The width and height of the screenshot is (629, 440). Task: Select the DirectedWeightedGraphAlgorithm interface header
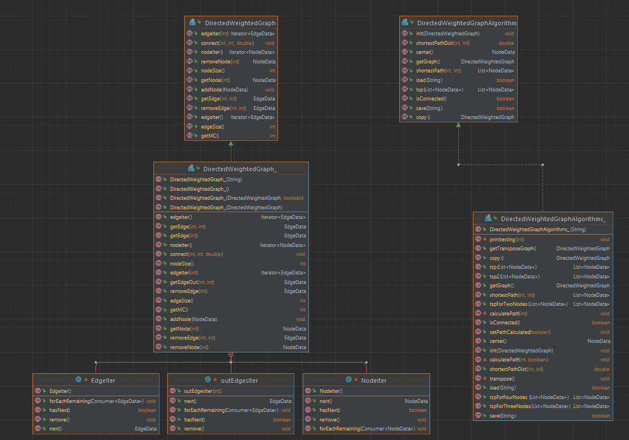[x=466, y=23]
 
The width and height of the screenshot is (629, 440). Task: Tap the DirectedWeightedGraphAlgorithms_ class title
[x=553, y=219]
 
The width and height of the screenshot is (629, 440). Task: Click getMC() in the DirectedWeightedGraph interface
[x=209, y=136]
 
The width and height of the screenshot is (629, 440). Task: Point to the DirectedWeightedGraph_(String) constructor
[x=206, y=180]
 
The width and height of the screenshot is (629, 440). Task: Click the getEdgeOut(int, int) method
[x=192, y=282]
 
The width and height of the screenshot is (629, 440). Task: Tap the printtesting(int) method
[x=507, y=240]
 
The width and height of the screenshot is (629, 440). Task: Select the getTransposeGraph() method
[x=513, y=249]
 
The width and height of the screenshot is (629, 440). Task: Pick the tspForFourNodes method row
[x=529, y=397]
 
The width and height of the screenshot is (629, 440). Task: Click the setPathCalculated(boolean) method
[x=519, y=332]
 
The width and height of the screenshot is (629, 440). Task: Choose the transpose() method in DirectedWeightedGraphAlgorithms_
[x=503, y=378]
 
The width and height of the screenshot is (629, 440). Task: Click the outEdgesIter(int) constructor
[x=202, y=391]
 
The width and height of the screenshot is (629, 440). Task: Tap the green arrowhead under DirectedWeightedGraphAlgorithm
[x=458, y=125]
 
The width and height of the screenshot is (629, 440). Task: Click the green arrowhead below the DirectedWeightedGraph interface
[x=231, y=144]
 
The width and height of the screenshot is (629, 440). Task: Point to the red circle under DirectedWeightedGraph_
[x=231, y=355]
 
